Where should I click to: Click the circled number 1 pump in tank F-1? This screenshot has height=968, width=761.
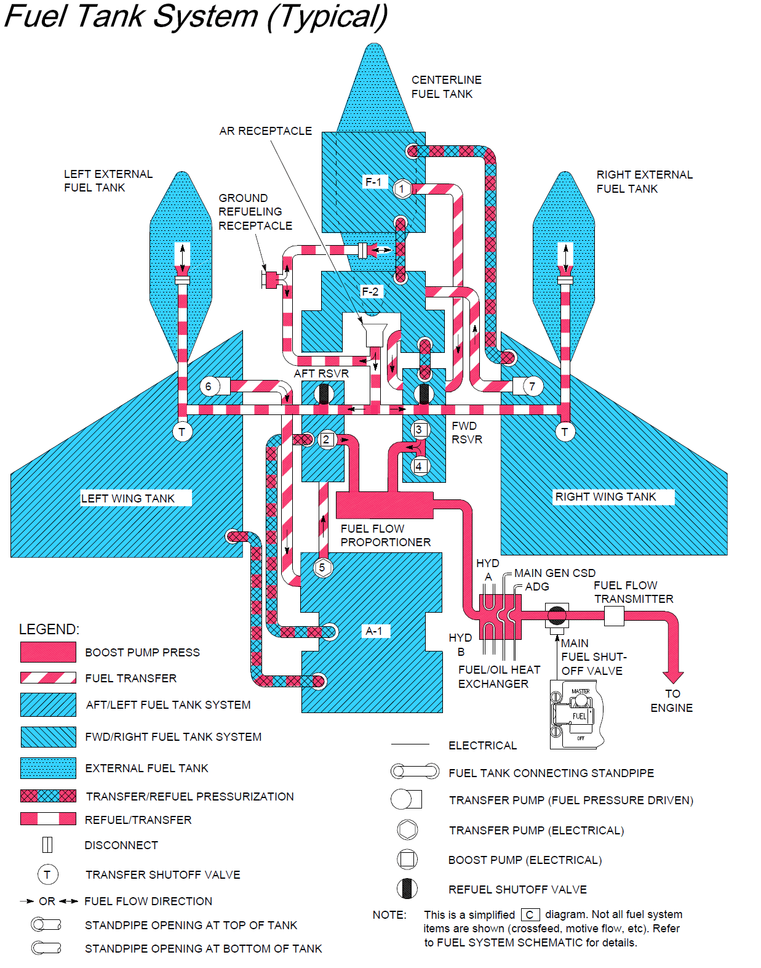point(402,188)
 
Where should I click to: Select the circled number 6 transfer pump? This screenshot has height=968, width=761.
point(209,387)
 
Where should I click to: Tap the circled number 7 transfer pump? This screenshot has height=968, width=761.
point(532,387)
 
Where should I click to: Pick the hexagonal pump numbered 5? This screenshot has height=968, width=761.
point(322,567)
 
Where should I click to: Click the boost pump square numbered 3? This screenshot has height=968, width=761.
point(419,429)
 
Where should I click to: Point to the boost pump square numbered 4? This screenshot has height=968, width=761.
point(419,466)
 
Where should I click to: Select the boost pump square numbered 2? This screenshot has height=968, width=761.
point(327,439)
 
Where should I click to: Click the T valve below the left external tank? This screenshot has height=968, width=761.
point(181,432)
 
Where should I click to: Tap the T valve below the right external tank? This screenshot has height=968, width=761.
point(565,432)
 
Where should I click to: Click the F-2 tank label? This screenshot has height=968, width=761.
point(370,291)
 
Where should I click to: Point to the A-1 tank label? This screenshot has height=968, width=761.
point(374,631)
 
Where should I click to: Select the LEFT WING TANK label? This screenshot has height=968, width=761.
point(128,498)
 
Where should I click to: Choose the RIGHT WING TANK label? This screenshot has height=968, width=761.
point(605,496)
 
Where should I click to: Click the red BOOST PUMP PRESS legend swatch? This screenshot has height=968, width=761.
point(48,652)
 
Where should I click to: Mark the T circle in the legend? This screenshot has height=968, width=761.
point(47,874)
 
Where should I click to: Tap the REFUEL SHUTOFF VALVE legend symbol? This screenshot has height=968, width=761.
point(407,889)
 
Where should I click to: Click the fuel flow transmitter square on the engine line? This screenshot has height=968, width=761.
point(614,615)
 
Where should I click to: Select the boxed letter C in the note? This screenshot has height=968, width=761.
point(530,914)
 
